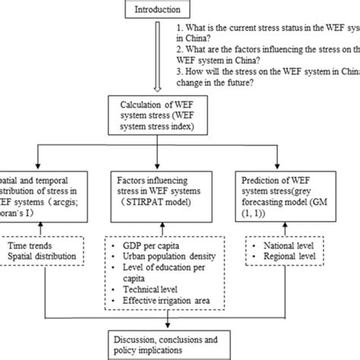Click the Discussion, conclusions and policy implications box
180,346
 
